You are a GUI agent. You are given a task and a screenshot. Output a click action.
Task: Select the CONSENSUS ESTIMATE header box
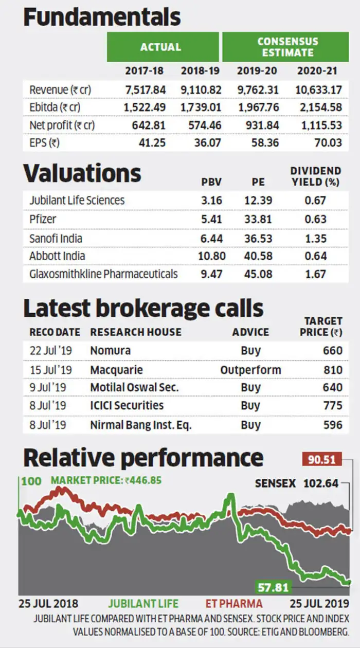coord(285,47)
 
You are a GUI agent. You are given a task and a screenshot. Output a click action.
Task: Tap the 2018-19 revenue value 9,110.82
coord(201,90)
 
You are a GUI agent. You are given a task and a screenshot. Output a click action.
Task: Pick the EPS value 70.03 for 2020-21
coord(328,142)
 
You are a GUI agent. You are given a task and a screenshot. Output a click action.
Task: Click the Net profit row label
coord(62,125)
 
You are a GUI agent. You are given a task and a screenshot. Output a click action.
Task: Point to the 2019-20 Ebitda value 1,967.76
coord(258,107)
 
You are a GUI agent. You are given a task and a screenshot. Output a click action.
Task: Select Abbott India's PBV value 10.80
coord(211,256)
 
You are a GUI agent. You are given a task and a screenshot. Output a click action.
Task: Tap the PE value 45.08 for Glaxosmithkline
coord(258,274)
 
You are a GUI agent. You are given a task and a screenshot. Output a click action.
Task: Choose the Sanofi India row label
coord(56,239)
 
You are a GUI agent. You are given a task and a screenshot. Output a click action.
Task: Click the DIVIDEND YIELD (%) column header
coord(316,176)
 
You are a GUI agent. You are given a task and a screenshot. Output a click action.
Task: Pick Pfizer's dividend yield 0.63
coord(315,219)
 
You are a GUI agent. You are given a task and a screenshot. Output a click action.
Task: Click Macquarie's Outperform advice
coord(250,370)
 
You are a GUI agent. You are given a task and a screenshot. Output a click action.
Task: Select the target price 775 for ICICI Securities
coord(333,405)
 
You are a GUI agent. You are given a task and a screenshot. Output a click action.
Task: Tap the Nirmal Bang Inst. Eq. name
coord(141,425)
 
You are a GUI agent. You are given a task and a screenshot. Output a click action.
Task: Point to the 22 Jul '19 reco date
coord(50,351)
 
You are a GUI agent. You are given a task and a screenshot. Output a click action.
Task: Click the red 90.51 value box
coord(322,459)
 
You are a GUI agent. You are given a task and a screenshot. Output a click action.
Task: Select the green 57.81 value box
coord(273,587)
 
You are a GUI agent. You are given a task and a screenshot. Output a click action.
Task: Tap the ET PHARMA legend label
coord(234,604)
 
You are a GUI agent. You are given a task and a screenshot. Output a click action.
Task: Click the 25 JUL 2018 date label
coord(48,604)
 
